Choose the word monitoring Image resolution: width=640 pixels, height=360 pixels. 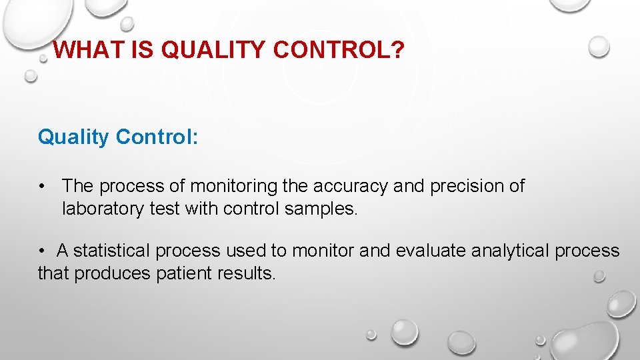(x=232, y=186)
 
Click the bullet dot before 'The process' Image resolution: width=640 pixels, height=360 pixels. (x=42, y=186)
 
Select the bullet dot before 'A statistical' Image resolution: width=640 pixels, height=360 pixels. (x=42, y=251)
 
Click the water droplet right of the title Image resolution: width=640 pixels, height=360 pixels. (x=599, y=46)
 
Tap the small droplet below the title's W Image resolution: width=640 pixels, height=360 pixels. (x=31, y=76)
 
